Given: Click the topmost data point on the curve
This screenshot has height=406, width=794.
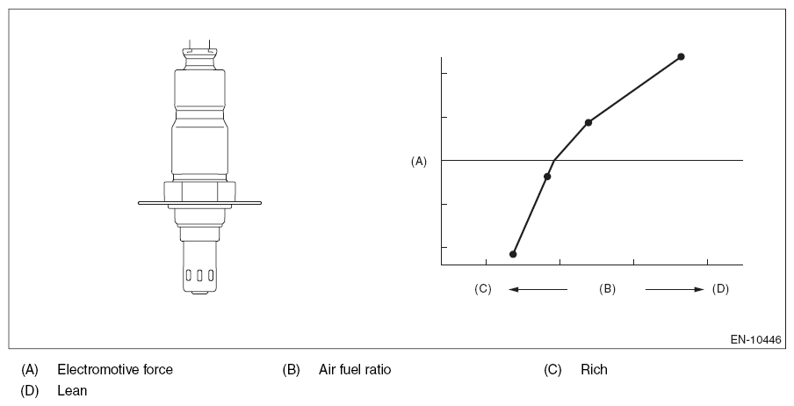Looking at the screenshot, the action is coord(681,56).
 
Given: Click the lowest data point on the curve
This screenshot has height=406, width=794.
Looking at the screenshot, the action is coord(513,254).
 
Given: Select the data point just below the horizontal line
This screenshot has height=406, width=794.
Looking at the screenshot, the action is coord(547,177).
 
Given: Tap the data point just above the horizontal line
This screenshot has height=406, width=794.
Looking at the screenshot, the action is coord(588,122).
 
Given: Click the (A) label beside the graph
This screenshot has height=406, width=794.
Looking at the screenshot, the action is coord(419,161).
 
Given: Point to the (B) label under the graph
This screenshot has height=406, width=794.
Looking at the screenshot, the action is coord(607,289).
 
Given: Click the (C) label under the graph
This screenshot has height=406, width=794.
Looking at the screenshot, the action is coord(482,289).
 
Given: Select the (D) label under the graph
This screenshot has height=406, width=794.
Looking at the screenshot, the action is coord(720,289).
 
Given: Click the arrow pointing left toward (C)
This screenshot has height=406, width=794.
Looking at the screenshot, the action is coord(538,289).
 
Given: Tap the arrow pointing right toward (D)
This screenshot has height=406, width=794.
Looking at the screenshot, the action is coord(675,289).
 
